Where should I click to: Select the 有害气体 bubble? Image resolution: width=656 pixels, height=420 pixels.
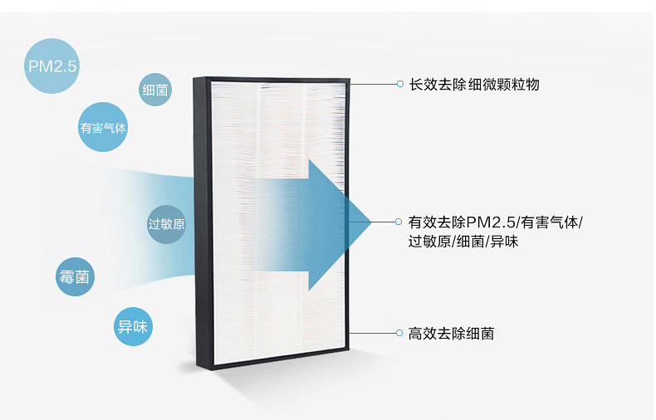104,129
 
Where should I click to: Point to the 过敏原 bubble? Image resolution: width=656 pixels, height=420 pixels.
166,225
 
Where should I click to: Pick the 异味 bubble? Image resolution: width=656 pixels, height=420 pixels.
133,327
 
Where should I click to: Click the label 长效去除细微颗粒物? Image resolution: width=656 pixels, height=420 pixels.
474,85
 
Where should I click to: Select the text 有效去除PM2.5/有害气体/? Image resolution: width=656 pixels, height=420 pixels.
496,222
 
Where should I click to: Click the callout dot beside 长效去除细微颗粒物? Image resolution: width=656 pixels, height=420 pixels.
399,85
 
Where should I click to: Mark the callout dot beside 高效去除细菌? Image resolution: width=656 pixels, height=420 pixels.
399,333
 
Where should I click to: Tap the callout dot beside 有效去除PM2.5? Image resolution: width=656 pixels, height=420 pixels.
399,222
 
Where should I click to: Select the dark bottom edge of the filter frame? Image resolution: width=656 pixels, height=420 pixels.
282,367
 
